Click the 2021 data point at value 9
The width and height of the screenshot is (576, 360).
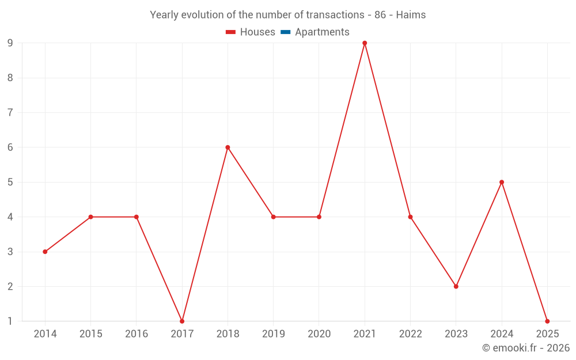pos(365,43)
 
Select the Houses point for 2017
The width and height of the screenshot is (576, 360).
pos(182,321)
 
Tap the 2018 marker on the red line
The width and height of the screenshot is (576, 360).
pos(228,147)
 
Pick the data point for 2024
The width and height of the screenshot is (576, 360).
pos(502,182)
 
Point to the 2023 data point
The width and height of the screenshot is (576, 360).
pos(456,286)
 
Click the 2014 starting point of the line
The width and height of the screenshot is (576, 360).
pos(45,252)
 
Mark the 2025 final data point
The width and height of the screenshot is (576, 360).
pos(547,321)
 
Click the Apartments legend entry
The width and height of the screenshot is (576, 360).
pos(322,32)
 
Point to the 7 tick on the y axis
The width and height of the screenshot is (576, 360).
pos(10,112)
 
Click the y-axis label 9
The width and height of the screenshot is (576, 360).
pos(10,43)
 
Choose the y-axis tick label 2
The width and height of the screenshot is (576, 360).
pos(10,286)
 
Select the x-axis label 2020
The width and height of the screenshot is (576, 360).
pos(319,334)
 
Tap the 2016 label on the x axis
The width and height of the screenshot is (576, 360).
pos(137,334)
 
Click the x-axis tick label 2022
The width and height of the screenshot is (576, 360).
pos(410,334)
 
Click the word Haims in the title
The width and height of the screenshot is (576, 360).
pos(411,15)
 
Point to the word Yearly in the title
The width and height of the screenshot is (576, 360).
pos(164,15)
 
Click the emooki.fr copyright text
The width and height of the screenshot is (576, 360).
pos(526,348)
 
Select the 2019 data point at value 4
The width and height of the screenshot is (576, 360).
pos(273,217)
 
